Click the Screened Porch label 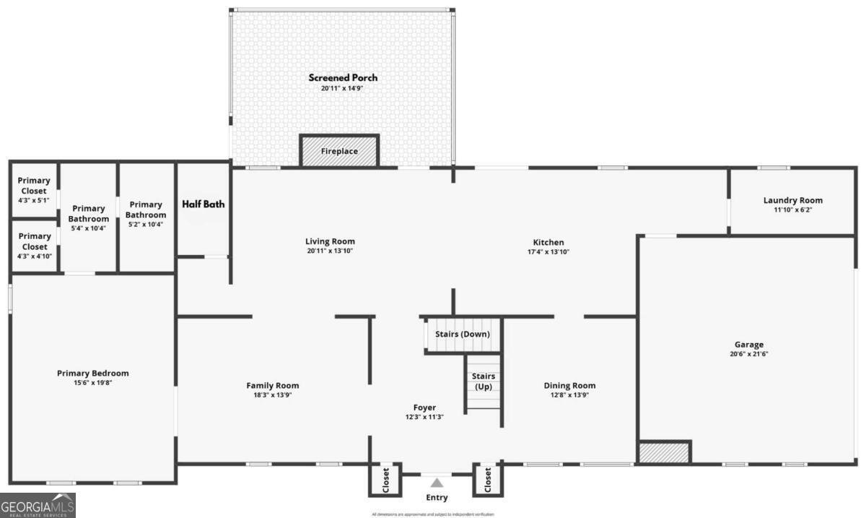point(343,78)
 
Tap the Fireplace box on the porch point(339,152)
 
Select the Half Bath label point(203,204)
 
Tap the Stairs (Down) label point(462,334)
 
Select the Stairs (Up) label point(483,381)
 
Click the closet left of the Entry point(385,478)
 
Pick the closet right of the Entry point(487,478)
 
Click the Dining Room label point(569,386)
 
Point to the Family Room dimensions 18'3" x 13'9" point(272,395)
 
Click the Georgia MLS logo point(38,505)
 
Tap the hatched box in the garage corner point(664,452)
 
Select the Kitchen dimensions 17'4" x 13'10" point(548,252)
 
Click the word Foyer point(424,407)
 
